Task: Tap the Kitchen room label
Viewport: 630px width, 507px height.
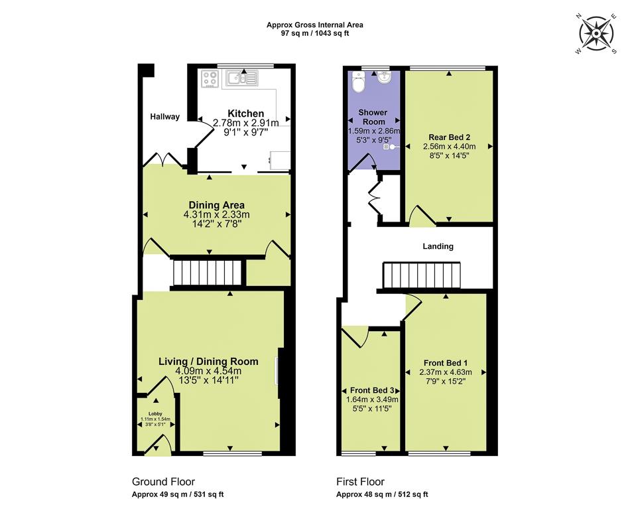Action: pos(246,113)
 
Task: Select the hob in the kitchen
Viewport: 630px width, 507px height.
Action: pos(210,79)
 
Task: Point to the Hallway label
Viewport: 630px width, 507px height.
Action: pos(164,117)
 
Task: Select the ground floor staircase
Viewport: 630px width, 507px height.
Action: pos(206,273)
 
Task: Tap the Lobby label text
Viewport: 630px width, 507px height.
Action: pos(155,413)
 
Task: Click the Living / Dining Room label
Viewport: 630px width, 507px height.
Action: pos(208,362)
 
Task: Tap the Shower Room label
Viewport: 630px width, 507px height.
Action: pos(373,117)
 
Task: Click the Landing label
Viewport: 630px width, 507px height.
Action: pos(438,246)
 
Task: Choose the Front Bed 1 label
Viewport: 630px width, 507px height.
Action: pos(446,363)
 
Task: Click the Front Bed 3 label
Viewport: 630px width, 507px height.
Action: pos(371,390)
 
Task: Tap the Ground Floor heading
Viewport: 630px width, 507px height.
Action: pos(163,482)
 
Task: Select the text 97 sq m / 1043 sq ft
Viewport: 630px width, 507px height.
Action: pos(314,33)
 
